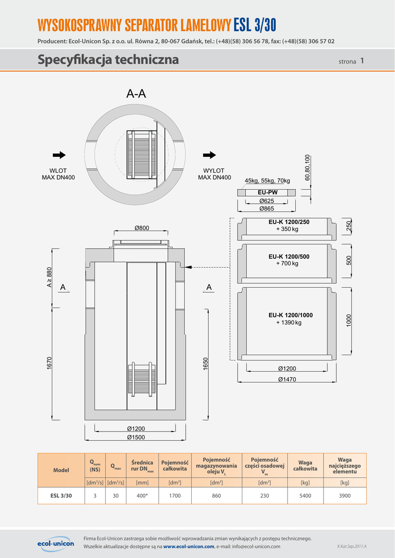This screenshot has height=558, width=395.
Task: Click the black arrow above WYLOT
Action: coord(210,155)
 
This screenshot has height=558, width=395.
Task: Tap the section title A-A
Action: coord(136,94)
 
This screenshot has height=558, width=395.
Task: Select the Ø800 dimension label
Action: coord(142,228)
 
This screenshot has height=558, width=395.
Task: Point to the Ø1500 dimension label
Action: coord(136,437)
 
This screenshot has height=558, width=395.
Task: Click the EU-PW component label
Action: coord(268,192)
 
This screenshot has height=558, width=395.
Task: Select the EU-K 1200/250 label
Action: coord(289,222)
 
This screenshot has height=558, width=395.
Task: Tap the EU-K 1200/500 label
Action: coord(289,256)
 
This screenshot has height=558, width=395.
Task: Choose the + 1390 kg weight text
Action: coord(289,323)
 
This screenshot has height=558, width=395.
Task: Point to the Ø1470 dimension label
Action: coord(287,379)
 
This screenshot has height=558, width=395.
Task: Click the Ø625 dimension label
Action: coord(266,201)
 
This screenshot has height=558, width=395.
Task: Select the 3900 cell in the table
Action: coord(344,496)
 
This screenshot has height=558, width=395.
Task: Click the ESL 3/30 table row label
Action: coord(61,496)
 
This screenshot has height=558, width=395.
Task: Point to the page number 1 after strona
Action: coord(362,61)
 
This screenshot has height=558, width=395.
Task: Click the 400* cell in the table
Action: coord(142,496)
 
